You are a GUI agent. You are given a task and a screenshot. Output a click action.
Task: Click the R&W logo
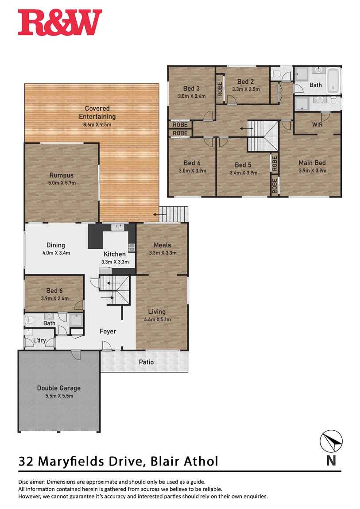click(60, 23)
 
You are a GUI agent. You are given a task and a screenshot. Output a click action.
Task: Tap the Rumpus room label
click(61, 175)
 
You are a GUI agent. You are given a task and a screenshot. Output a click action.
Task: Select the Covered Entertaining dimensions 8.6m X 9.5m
click(97, 124)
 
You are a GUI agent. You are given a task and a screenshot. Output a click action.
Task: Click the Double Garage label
click(59, 388)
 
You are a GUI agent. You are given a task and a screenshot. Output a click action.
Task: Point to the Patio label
click(146, 362)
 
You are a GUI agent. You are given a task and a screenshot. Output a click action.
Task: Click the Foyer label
click(108, 331)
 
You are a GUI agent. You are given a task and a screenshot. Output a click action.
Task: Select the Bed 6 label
click(54, 290)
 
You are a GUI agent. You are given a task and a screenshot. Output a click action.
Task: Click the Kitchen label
click(115, 254)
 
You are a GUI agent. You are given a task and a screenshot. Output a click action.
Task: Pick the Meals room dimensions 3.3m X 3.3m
click(162, 253)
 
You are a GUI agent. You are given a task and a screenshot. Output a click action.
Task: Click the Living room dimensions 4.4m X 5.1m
click(157, 319)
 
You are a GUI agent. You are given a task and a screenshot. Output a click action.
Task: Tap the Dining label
click(56, 245)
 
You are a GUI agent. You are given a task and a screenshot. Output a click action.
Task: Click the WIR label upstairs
click(317, 125)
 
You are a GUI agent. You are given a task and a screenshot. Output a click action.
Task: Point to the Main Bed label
click(312, 163)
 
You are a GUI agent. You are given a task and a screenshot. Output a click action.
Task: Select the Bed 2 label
click(245, 81)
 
